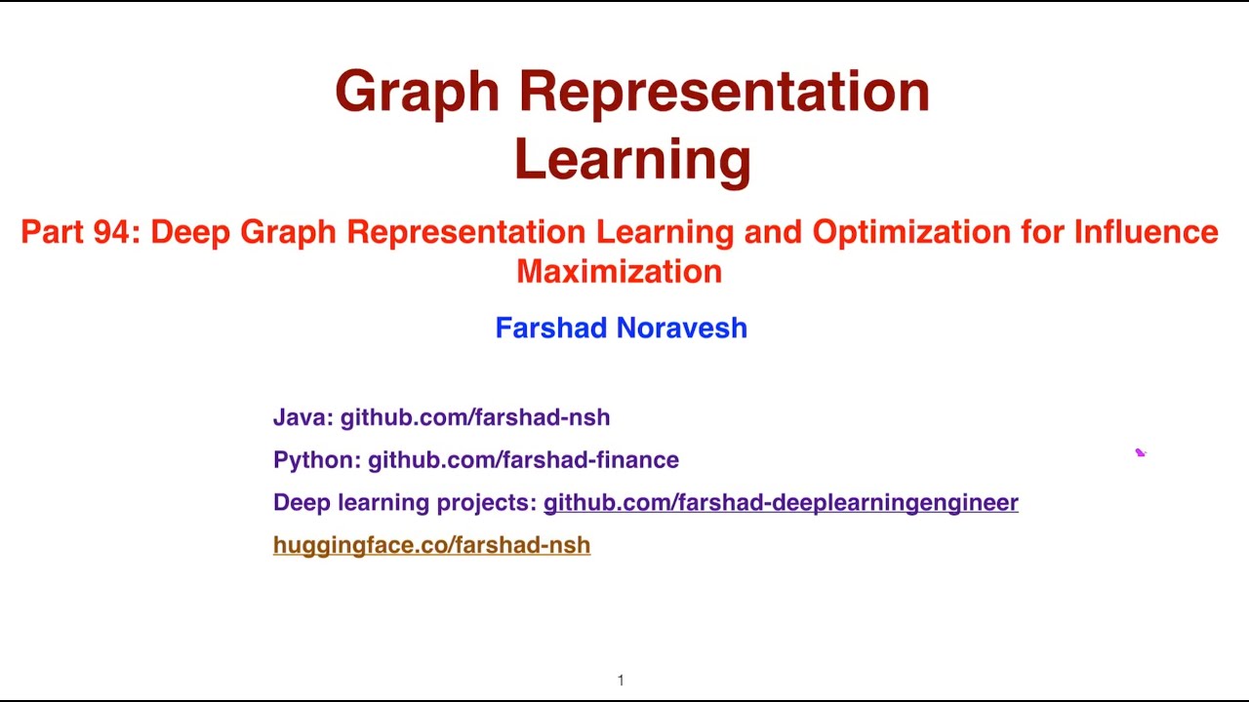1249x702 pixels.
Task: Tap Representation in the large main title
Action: (x=723, y=93)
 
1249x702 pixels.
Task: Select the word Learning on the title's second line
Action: (x=632, y=160)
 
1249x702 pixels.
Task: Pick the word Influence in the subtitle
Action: (x=1146, y=232)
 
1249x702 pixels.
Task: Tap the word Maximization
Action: (x=619, y=271)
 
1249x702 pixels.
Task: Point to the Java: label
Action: (x=303, y=417)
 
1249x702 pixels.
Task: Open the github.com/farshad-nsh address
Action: (x=475, y=417)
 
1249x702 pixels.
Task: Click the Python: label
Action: (x=317, y=459)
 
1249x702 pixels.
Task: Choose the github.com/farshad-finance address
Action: (x=523, y=459)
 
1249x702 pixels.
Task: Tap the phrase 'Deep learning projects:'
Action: (x=405, y=502)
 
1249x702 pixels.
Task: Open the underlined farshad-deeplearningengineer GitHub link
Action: (x=781, y=502)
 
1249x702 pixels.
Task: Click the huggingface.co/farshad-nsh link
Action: (x=431, y=545)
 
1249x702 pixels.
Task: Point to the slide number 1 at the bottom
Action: (x=621, y=681)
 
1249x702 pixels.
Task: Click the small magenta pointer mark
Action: (x=1140, y=452)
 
